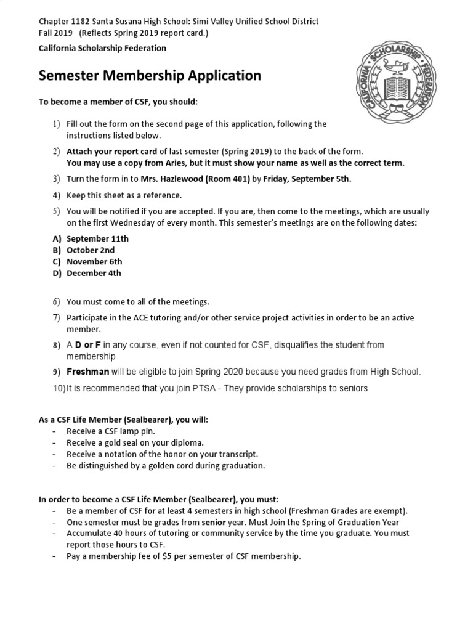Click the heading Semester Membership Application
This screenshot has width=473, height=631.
click(x=150, y=76)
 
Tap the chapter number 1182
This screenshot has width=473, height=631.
click(x=81, y=22)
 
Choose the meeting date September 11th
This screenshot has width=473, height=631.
click(x=97, y=238)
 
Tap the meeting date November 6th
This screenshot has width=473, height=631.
click(x=94, y=261)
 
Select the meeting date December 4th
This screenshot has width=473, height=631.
click(x=94, y=273)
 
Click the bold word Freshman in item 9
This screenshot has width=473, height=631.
click(x=87, y=372)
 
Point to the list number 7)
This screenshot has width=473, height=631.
click(x=56, y=318)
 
